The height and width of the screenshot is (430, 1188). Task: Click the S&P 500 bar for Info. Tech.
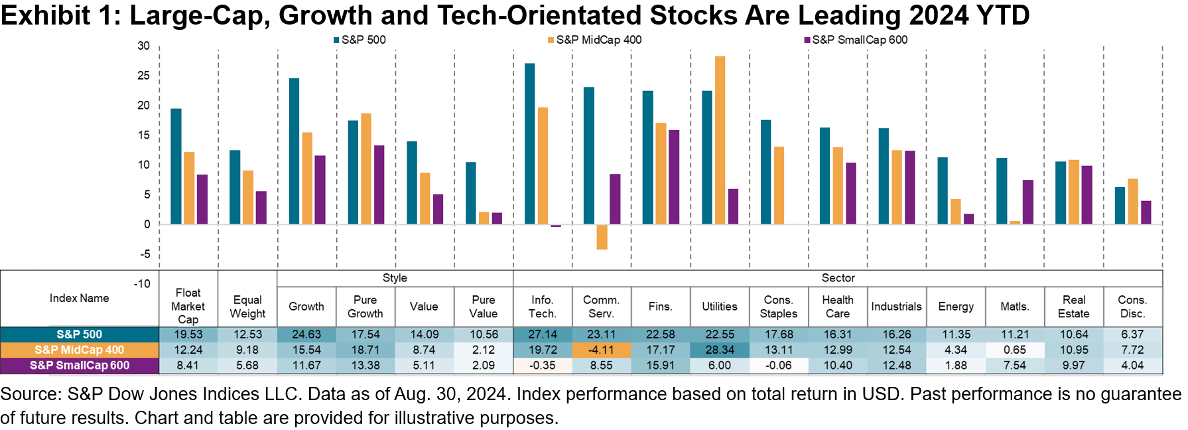[x=529, y=143]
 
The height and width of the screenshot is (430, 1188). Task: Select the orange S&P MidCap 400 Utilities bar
[x=720, y=140]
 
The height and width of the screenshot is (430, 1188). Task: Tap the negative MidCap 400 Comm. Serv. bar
[x=602, y=237]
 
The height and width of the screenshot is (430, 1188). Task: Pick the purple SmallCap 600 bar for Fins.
[x=674, y=177]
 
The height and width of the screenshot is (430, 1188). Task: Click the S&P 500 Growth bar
[x=294, y=151]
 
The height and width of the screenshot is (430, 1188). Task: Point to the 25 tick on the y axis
[x=144, y=76]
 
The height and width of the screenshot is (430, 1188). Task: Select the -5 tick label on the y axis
[x=145, y=254]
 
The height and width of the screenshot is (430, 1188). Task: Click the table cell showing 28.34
[x=720, y=350]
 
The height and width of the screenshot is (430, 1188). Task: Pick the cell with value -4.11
[x=602, y=350]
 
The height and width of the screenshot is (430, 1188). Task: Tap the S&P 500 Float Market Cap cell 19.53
[x=188, y=334]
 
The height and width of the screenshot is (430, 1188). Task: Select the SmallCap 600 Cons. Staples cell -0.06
[x=779, y=365]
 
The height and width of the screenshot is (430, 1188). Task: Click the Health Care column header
[x=838, y=307]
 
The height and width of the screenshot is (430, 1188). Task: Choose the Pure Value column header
[x=484, y=307]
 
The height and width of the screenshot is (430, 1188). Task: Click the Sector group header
[x=838, y=278]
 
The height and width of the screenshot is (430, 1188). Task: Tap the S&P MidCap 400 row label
[x=80, y=350]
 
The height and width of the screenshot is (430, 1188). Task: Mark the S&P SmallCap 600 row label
[x=80, y=365]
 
